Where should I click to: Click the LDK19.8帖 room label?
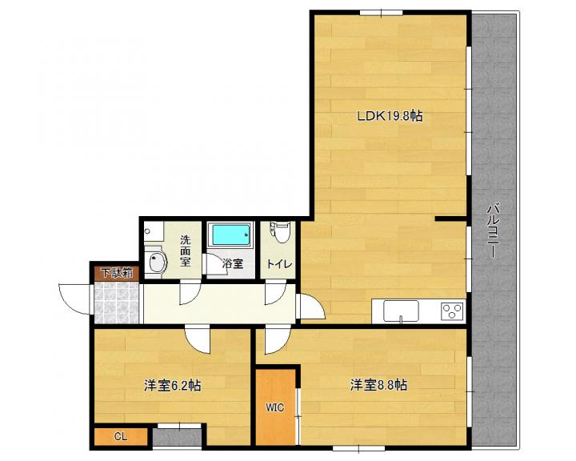click(x=390, y=116)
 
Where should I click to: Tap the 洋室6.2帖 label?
click(x=172, y=386)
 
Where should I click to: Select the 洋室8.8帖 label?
click(x=378, y=385)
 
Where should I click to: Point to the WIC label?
click(x=275, y=407)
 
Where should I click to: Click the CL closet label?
click(x=121, y=437)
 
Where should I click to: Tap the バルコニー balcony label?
click(x=492, y=230)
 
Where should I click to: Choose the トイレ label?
click(x=279, y=264)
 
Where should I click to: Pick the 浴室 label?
click(x=233, y=263)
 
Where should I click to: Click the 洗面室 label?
click(x=185, y=251)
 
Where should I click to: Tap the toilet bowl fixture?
click(x=281, y=232)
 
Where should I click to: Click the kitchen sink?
click(x=401, y=311)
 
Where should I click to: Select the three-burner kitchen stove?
click(x=453, y=311)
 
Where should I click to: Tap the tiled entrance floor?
click(x=117, y=303)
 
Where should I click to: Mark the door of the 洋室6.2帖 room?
click(x=198, y=339)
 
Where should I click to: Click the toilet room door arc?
click(x=275, y=292)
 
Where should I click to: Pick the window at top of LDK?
click(x=381, y=14)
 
